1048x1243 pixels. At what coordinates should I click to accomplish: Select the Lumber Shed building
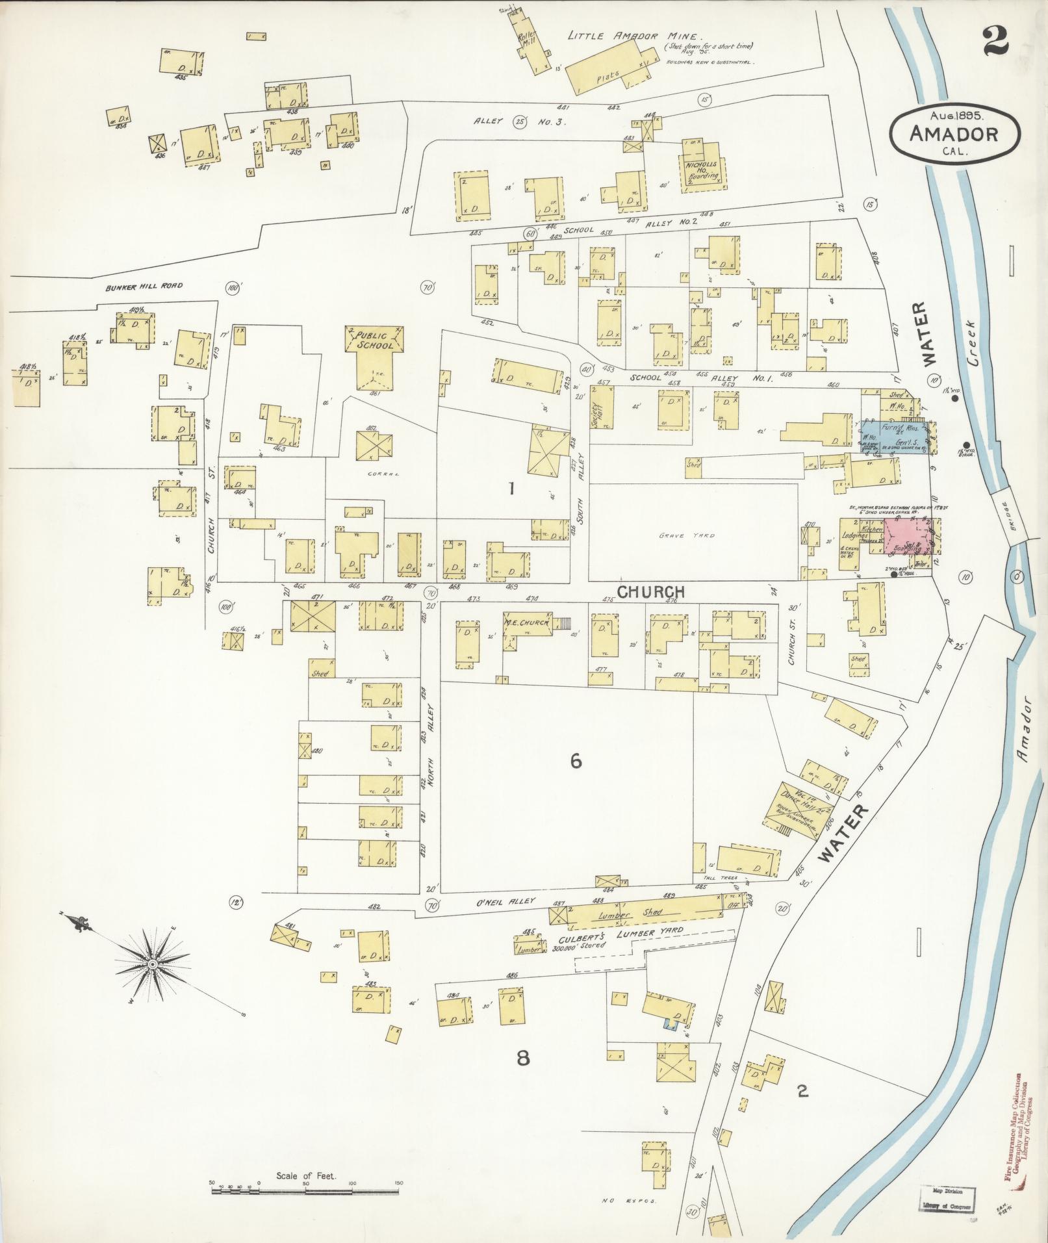643,913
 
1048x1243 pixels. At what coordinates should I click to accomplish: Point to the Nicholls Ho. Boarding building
703,168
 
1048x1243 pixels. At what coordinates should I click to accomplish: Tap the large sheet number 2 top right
995,44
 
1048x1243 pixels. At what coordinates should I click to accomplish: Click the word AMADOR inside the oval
954,135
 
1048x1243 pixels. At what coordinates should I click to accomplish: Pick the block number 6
576,761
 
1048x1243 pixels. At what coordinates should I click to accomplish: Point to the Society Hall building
600,408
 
